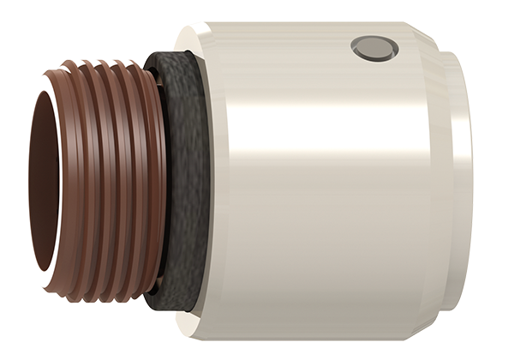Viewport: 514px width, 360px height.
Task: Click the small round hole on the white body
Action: tap(375, 49)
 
